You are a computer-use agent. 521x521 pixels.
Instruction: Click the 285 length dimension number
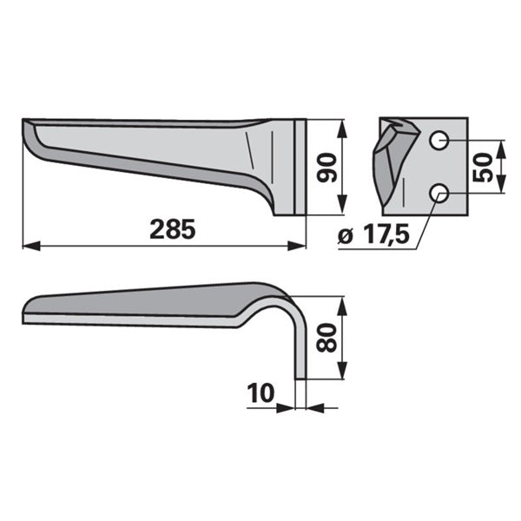click(173, 229)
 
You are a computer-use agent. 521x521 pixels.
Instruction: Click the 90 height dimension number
click(326, 168)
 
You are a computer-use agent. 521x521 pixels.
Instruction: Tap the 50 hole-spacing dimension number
click(482, 167)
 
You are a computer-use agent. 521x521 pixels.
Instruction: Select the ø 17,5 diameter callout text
click(373, 234)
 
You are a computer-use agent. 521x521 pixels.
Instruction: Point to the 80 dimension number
click(326, 338)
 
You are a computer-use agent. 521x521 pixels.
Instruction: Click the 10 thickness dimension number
click(260, 392)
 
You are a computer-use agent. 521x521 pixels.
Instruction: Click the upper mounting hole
click(439, 141)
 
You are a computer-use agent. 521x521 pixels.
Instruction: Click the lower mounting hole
click(439, 194)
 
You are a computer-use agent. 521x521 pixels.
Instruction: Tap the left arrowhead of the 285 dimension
click(31, 247)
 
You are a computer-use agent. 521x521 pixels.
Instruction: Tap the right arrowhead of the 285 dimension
click(296, 247)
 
